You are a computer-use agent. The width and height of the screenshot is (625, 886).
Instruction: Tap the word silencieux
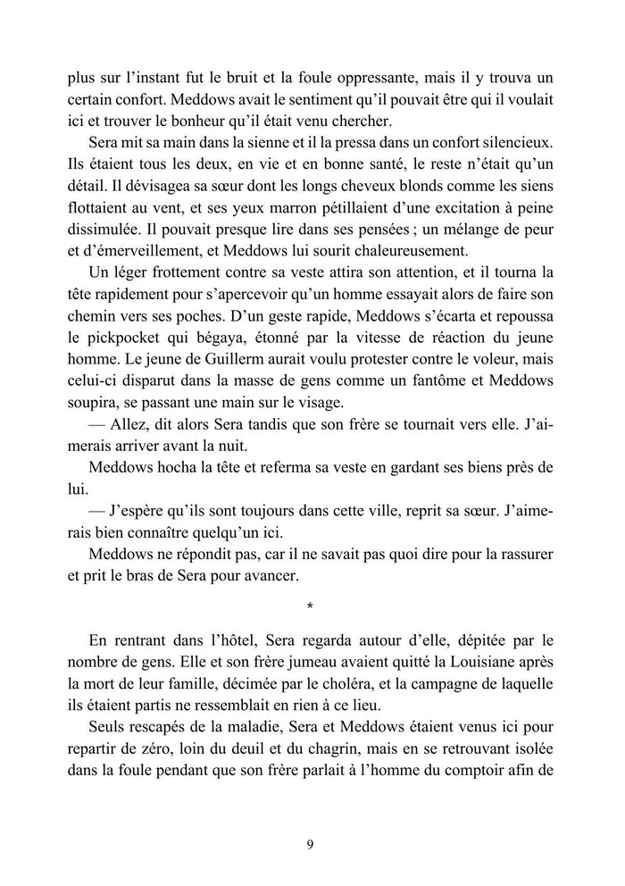tap(509, 145)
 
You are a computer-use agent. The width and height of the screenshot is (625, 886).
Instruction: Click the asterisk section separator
tap(310, 608)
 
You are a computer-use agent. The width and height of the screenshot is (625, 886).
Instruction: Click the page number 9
tap(310, 843)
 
